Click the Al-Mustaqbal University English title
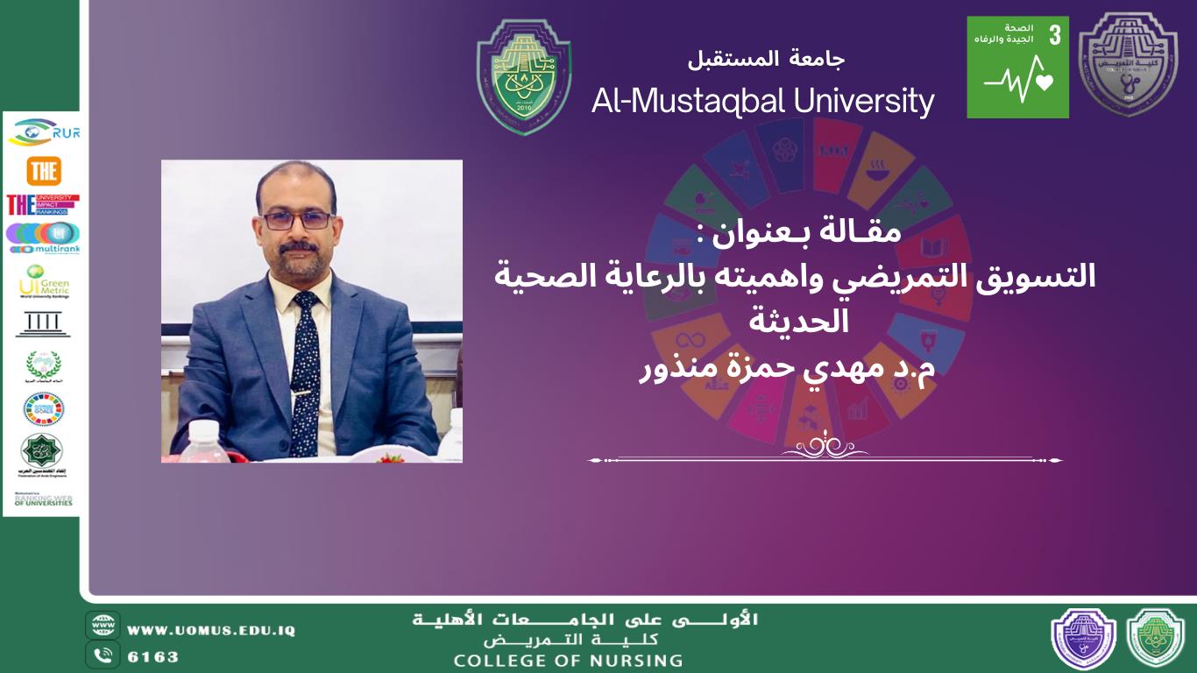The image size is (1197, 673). (x=762, y=102)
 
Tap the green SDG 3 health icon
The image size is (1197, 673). (x=1017, y=67)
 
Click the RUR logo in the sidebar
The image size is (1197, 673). (x=44, y=132)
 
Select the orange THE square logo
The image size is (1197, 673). (x=44, y=171)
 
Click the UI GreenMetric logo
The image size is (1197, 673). (x=44, y=281)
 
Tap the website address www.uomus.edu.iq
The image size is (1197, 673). (x=211, y=630)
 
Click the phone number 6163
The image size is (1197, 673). (x=153, y=655)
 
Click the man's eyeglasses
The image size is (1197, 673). (x=296, y=220)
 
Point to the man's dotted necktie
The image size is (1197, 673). (x=305, y=368)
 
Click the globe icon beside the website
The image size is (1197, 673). (x=103, y=626)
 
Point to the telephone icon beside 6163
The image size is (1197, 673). (x=103, y=655)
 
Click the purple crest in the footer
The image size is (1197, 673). (x=1083, y=639)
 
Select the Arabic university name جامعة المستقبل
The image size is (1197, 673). (x=766, y=60)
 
